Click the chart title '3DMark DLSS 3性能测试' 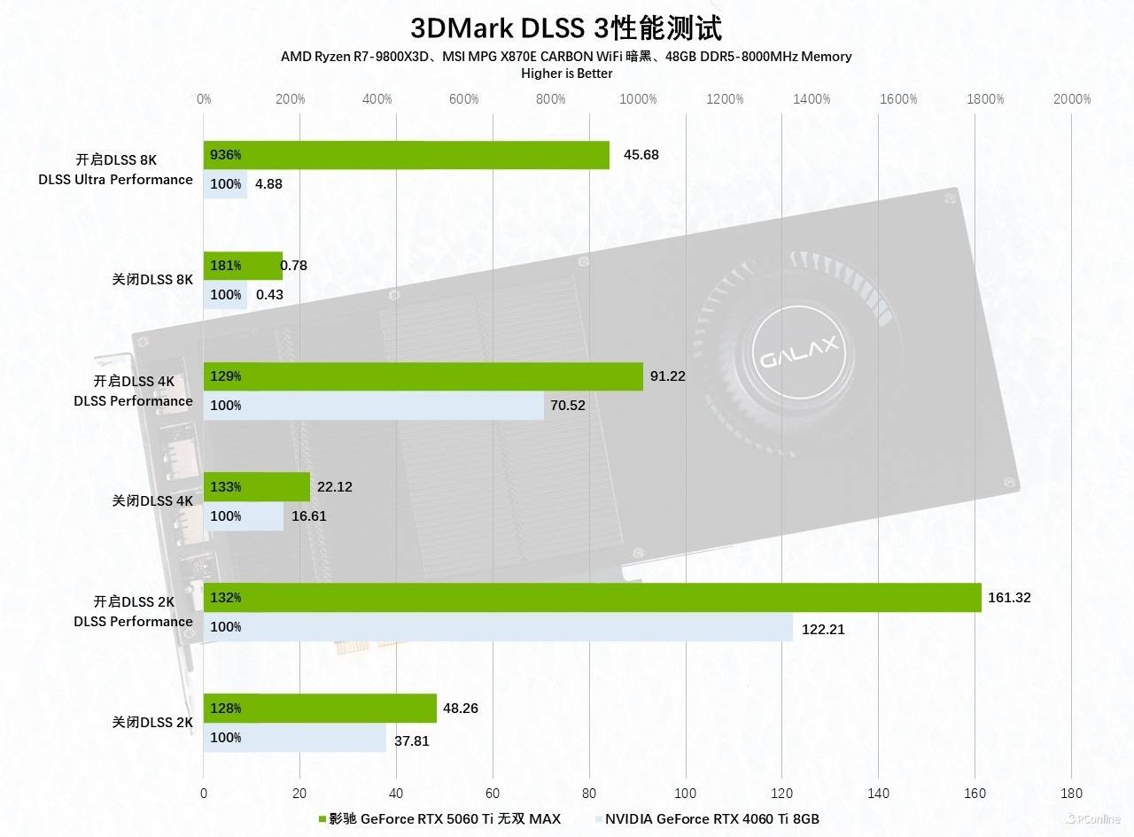pos(566,27)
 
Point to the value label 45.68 pos(641,155)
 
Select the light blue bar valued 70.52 pos(373,406)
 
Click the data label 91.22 pos(667,376)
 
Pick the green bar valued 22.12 pos(257,486)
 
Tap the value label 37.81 pos(411,740)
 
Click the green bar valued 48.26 pos(320,709)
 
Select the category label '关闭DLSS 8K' pos(151,279)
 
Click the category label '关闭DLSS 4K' pos(151,500)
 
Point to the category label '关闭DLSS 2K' pos(151,722)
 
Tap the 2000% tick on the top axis pos(1072,99)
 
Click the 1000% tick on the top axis pos(638,99)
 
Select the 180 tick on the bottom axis pos(1071,793)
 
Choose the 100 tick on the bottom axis pos(685,793)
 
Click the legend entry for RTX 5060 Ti pos(439,818)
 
